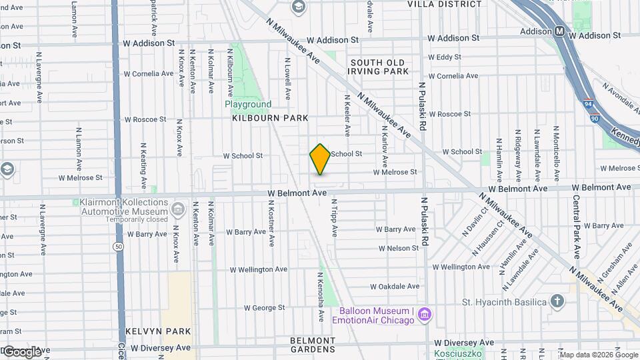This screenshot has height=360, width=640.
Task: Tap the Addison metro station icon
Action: click(x=559, y=31)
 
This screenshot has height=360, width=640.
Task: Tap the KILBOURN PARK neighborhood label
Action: click(x=270, y=118)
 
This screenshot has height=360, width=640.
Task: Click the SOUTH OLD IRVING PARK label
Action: click(x=377, y=67)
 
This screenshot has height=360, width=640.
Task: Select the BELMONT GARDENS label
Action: click(x=313, y=345)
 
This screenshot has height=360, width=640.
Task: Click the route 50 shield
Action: click(x=118, y=246)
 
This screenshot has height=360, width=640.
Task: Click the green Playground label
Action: click(x=248, y=104)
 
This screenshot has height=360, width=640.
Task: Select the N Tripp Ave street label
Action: click(x=335, y=218)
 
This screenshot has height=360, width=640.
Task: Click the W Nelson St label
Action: click(x=398, y=248)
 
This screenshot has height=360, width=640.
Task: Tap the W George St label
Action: click(x=264, y=308)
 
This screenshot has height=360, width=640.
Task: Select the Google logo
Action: click(x=22, y=351)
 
